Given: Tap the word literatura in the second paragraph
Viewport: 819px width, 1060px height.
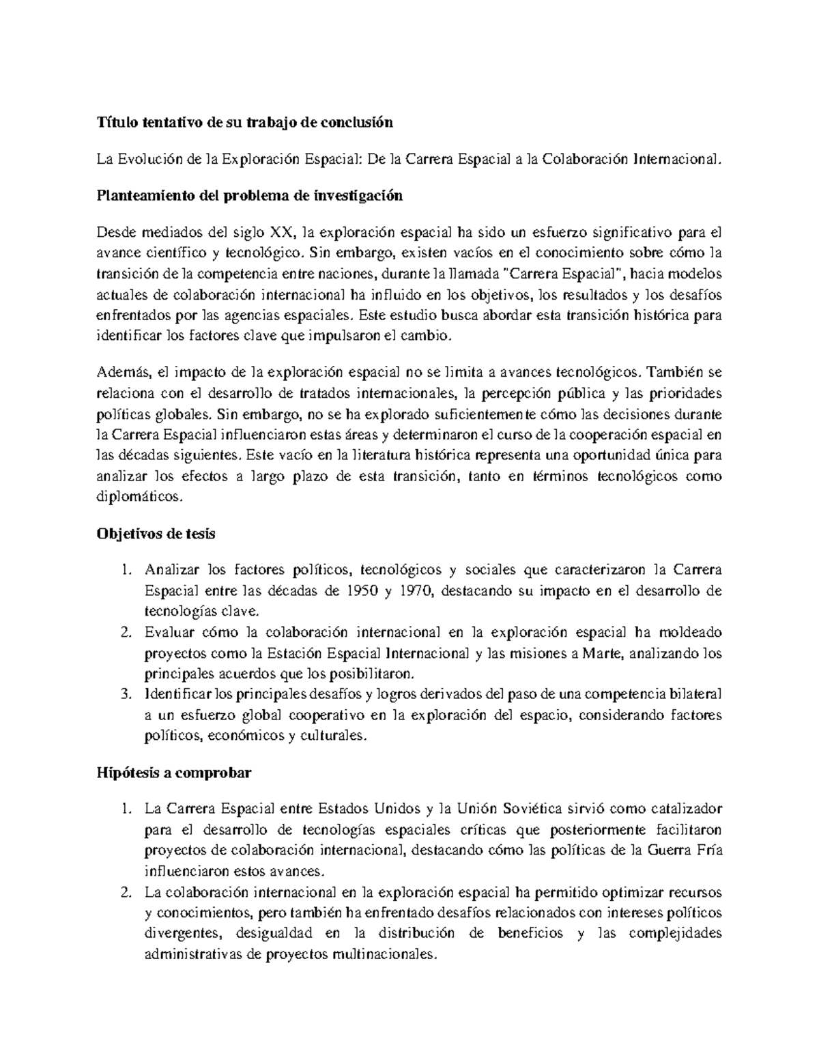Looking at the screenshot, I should (x=375, y=455).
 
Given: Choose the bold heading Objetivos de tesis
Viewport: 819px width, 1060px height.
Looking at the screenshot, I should (x=156, y=534).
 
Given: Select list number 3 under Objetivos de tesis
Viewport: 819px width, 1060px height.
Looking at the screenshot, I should (x=124, y=695).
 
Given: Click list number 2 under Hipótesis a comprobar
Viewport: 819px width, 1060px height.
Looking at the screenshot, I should (x=124, y=893).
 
